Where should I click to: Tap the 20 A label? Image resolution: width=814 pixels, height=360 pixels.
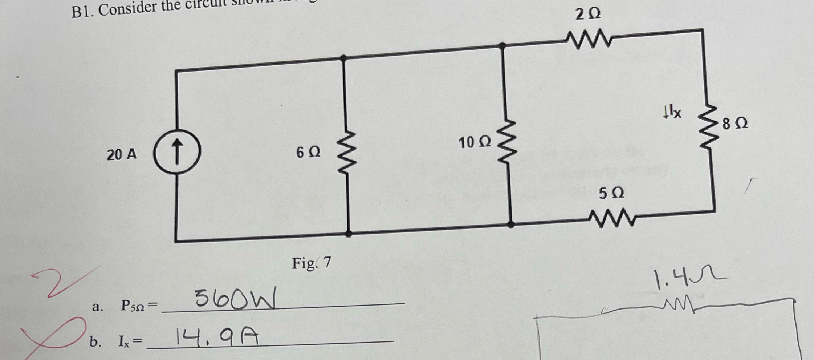[x=122, y=155]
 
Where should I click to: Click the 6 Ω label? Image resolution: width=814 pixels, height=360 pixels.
[x=308, y=152]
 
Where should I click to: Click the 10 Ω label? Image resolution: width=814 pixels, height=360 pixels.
[x=475, y=142]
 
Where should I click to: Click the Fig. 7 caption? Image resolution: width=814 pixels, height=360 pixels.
[x=312, y=263]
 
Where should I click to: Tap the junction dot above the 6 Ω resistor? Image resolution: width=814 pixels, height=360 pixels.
[x=343, y=58]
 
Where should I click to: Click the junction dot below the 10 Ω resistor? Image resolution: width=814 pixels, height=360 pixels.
[x=510, y=225]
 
